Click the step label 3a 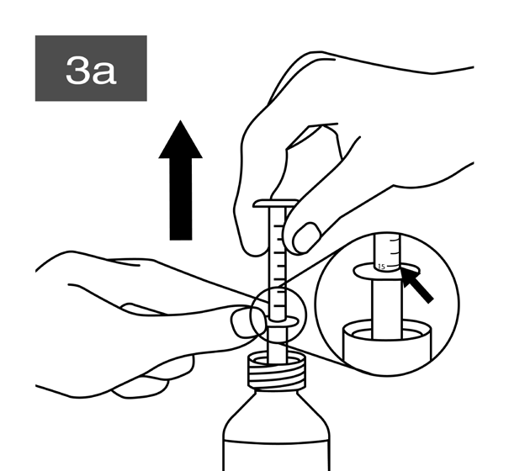(91, 71)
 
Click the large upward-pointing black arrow (181, 181)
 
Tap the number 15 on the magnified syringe (381, 267)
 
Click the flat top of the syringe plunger (275, 204)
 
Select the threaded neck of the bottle (277, 372)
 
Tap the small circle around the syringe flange (278, 315)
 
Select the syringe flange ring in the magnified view (386, 272)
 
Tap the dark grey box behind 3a (91, 68)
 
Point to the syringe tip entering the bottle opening (278, 356)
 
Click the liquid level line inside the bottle (277, 442)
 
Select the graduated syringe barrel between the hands (278, 263)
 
